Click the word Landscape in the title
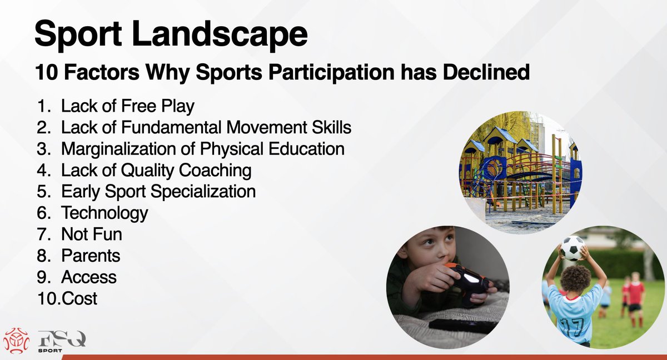pos(220,34)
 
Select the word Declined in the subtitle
pos(486,72)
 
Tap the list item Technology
pos(104,213)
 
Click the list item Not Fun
pos(91,234)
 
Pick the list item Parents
pos(91,256)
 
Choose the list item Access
pos(89,277)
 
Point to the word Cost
pos(79,298)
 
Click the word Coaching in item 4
pos(216,171)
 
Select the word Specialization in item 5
pos(203,192)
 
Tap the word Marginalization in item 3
pos(128,149)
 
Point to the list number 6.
pos(43,213)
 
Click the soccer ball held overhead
pos(573,248)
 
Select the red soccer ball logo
pos(16,341)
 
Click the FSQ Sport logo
pos(62,342)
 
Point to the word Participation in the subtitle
pos(332,72)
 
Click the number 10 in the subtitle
pos(47,72)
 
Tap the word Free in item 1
pos(138,106)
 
